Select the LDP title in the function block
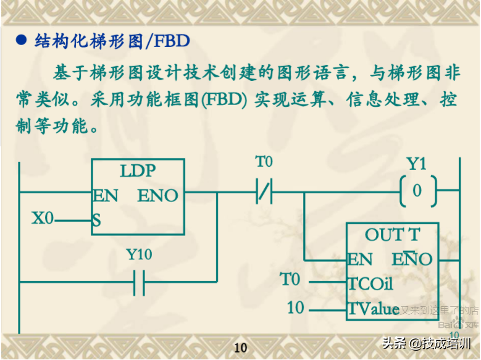(x=137, y=171)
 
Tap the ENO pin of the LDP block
(x=157, y=196)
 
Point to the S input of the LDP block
(x=97, y=219)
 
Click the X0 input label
(x=43, y=218)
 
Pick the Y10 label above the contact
(x=139, y=254)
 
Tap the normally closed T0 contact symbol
(x=264, y=191)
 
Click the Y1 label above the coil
(x=417, y=164)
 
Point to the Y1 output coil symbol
(x=417, y=190)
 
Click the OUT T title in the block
(x=392, y=235)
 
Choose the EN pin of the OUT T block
(x=360, y=259)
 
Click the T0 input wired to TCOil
(x=290, y=280)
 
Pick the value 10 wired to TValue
(x=296, y=307)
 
